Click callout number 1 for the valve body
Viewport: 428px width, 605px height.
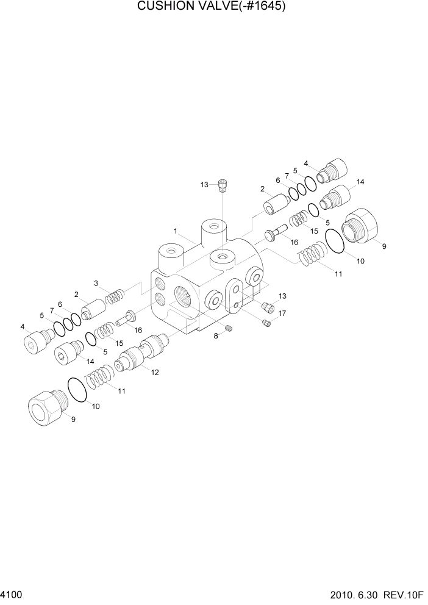pos(175,231)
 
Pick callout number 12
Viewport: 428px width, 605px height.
pos(155,373)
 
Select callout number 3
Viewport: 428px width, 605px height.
pos(96,283)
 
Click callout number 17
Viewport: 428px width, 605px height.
pos(282,313)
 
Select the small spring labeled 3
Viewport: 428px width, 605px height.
pos(114,297)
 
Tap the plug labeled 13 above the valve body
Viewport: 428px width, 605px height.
pos(223,184)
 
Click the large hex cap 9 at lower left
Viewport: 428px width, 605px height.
pos(46,407)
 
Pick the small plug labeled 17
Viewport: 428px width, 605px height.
pos(266,322)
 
